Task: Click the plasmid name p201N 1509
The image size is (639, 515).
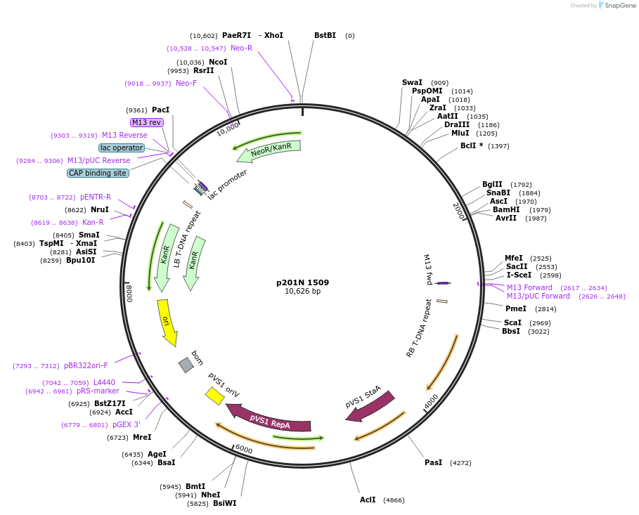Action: coord(302,282)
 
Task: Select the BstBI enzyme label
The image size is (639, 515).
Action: coord(325,35)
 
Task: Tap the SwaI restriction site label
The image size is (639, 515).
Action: coord(412,82)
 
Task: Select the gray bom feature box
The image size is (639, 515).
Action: coord(186,365)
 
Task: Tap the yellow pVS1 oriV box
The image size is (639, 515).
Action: coord(214,396)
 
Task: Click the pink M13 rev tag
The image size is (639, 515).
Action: coord(147,122)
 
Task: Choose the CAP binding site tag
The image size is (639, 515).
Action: coord(98,173)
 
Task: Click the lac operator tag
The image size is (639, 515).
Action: coord(122,148)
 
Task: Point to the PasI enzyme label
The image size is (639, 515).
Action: coord(433,462)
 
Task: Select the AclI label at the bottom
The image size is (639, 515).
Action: coord(368,500)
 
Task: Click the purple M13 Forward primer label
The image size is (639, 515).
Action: coord(529,287)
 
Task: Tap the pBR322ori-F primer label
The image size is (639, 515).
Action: coord(86,365)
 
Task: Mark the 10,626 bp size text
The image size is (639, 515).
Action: coord(302,292)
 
